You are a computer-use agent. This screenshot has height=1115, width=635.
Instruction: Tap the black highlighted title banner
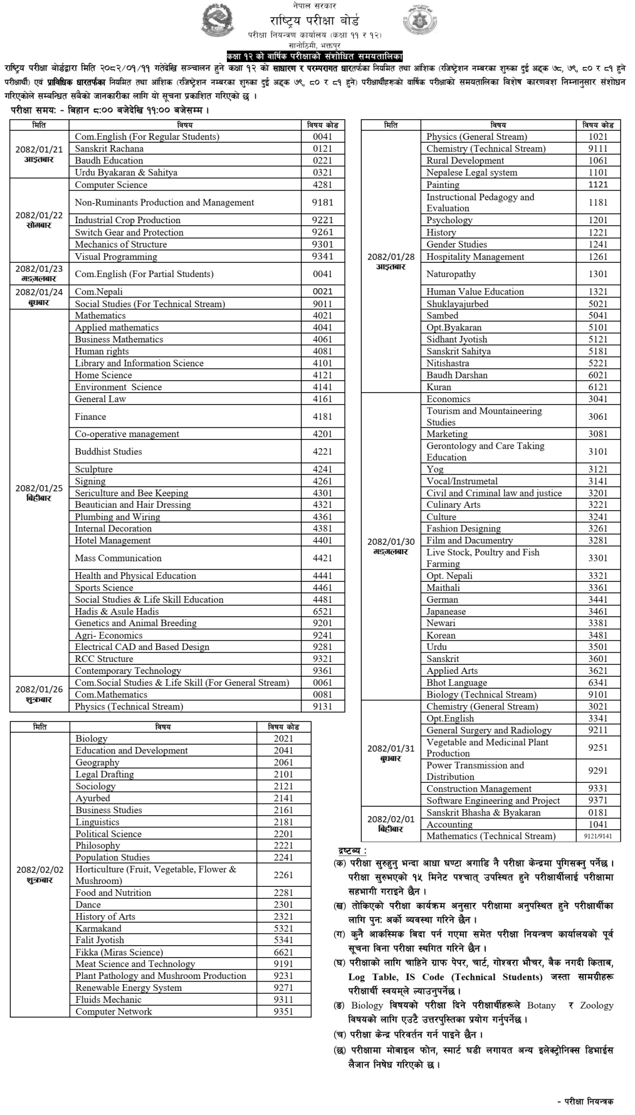316,56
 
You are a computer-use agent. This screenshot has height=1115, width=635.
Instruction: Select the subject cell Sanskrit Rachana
109,149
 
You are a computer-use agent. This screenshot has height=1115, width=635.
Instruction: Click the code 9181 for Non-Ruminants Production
323,203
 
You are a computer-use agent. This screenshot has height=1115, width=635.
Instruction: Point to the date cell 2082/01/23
39,273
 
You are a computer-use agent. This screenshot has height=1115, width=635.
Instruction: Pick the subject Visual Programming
116,256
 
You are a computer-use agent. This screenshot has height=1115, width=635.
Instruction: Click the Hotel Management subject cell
113,541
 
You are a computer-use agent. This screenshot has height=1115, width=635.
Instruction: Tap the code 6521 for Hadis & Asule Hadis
323,611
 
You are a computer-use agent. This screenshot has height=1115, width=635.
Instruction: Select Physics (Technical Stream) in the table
129,707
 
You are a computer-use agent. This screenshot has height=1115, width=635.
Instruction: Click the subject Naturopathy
451,274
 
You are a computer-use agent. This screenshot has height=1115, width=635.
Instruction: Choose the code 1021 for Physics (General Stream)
597,137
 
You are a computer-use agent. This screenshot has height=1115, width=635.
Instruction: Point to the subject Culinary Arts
453,505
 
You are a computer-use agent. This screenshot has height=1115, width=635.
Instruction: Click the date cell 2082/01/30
391,546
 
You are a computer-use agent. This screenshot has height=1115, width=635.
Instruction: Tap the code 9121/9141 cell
597,836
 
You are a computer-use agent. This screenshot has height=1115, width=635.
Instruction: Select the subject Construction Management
479,789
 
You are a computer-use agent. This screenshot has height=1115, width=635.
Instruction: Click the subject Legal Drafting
104,774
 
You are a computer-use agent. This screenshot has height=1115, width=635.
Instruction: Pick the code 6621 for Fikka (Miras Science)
283,952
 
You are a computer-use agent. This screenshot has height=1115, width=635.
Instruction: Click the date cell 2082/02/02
40,874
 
